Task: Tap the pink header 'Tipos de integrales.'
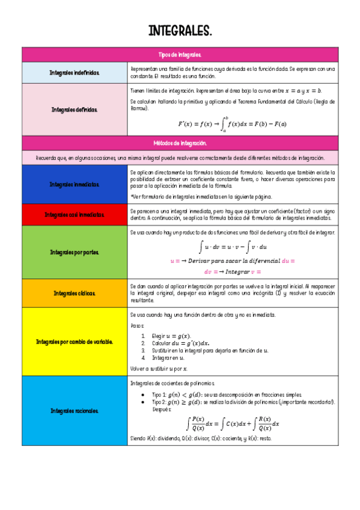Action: click(180, 54)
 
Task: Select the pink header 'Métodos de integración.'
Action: click(180, 143)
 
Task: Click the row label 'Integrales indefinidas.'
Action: click(75, 73)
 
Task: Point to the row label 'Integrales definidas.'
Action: click(75, 109)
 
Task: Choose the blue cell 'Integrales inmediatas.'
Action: click(75, 185)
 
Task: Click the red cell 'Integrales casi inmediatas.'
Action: click(75, 215)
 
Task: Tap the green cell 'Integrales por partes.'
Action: click(75, 252)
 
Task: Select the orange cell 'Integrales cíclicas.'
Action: click(75, 293)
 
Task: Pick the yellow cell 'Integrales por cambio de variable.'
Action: click(75, 342)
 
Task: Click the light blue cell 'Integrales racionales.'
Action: click(75, 411)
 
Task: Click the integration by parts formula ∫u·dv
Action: click(233, 247)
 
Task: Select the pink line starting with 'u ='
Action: click(233, 261)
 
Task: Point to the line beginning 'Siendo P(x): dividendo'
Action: click(201, 439)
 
